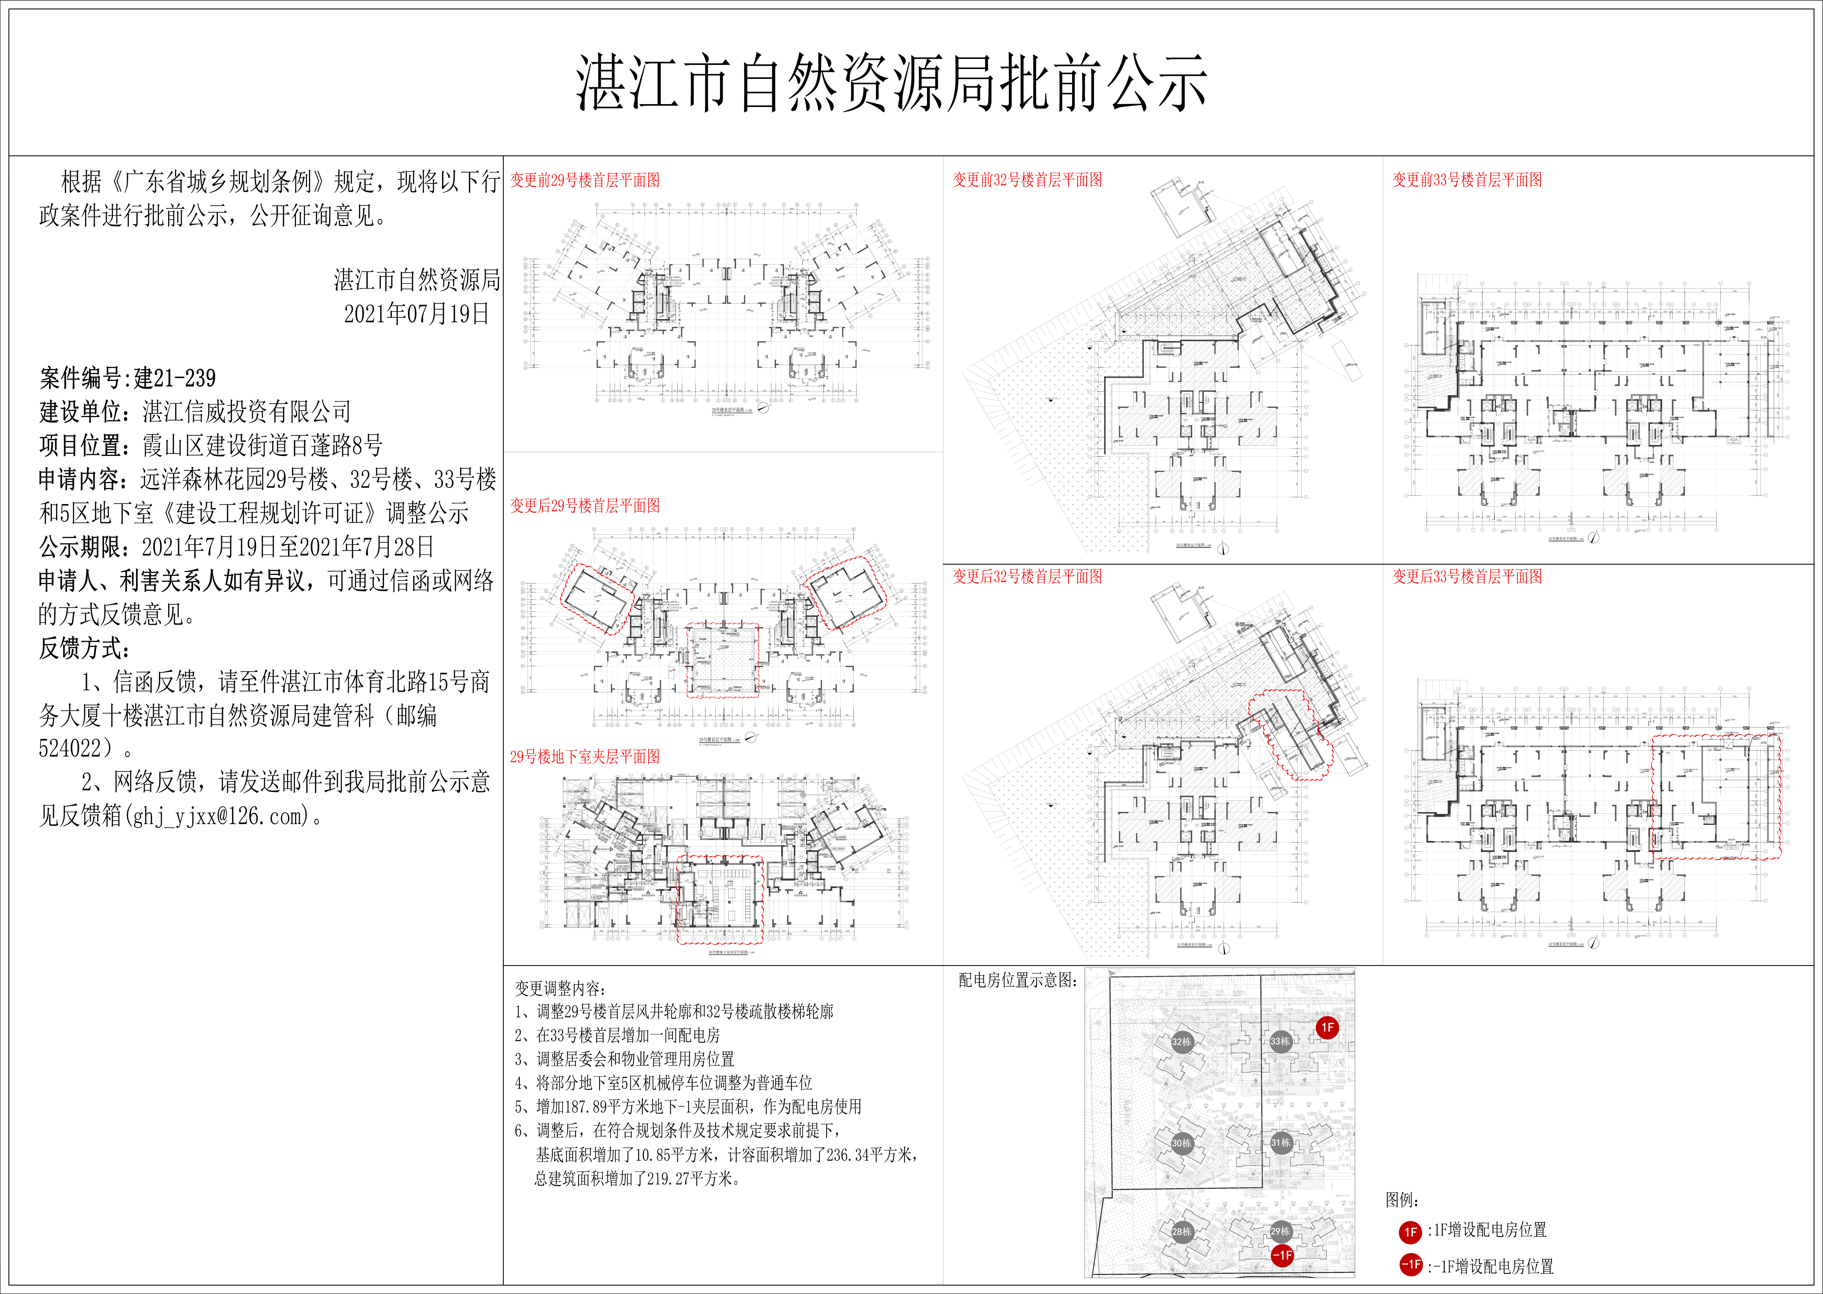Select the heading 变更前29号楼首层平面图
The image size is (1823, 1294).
point(585,180)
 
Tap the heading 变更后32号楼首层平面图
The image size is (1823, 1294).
point(1027,576)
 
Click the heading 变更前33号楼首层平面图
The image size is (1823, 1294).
point(1467,180)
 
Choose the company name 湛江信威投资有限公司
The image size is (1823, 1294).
point(247,412)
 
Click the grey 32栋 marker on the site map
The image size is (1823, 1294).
point(1182,1041)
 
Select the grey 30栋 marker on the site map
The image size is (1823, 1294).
point(1182,1143)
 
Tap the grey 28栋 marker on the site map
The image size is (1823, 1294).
point(1182,1231)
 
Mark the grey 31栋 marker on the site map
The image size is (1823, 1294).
point(1280,1143)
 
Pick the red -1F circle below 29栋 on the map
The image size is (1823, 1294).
point(1282,1255)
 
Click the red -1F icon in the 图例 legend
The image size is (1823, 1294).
point(1410,1264)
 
